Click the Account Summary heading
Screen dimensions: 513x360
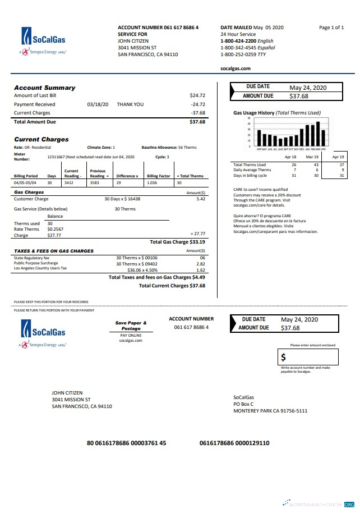pos(44,88)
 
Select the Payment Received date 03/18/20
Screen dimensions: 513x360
pos(98,104)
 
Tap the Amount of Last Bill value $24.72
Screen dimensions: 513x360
pos(197,95)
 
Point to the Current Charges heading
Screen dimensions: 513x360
pos(41,139)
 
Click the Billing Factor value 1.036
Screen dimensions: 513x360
pos(152,183)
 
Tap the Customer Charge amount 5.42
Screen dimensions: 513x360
pos(201,199)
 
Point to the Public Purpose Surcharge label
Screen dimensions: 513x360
pos(35,263)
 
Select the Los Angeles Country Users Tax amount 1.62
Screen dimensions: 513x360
pos(201,269)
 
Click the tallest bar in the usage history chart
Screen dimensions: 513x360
pos(318,134)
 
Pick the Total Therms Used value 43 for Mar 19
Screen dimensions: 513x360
pos(316,165)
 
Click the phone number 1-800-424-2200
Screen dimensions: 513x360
pos(238,41)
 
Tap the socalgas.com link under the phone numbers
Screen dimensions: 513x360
pos(236,68)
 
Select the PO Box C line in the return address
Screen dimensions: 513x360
pos(243,404)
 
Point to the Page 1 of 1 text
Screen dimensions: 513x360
pos(331,28)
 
